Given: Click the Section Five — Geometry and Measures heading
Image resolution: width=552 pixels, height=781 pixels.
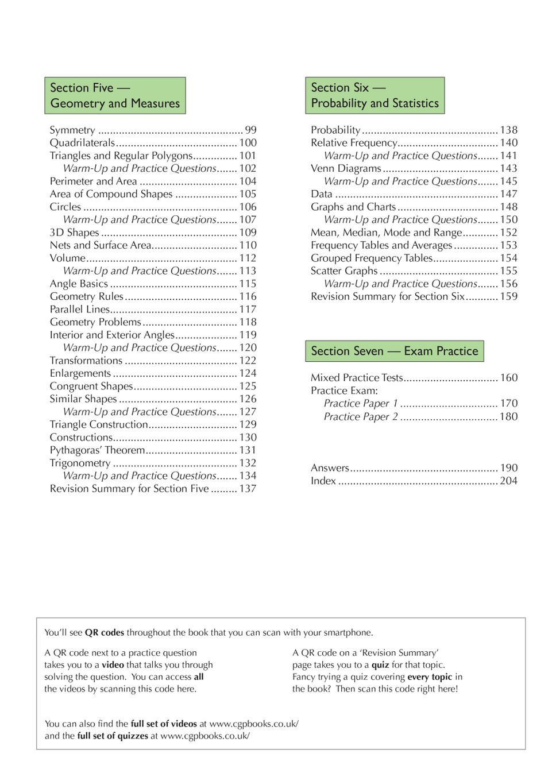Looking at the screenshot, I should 115,95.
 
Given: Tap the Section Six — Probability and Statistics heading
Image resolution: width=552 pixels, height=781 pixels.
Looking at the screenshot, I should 375,95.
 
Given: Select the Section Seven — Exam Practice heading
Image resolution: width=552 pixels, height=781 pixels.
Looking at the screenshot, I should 394,351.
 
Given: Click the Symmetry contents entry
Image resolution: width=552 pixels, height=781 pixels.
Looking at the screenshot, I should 72,130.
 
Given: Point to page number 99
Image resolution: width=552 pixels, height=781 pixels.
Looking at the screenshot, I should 250,130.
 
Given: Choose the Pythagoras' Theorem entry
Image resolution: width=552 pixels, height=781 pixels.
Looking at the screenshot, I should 97,450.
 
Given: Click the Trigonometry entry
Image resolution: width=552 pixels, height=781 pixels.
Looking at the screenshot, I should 80,463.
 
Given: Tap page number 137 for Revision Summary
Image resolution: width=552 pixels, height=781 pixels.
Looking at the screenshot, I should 248,489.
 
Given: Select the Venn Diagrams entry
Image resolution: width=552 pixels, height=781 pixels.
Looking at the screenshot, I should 346,168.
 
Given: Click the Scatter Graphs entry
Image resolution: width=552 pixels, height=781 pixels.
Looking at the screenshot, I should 344,270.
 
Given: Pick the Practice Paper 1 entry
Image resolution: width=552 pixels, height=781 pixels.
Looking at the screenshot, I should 361,404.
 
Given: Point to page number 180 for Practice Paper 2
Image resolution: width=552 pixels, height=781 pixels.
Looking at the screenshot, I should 508,416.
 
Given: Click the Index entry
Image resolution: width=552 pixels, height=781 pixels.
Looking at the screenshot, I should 323,481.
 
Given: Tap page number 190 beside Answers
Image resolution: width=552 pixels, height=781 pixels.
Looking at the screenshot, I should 508,468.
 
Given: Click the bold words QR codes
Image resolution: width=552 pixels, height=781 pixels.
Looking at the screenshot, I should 105,632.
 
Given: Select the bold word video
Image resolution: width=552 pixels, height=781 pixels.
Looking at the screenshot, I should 113,664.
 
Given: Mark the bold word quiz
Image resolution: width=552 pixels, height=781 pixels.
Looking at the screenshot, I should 380,664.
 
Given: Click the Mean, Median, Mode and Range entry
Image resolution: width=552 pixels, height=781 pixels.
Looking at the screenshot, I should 386,233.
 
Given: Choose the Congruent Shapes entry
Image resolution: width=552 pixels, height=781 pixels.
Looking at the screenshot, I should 91,386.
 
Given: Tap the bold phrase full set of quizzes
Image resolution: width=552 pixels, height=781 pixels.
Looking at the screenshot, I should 113,736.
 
